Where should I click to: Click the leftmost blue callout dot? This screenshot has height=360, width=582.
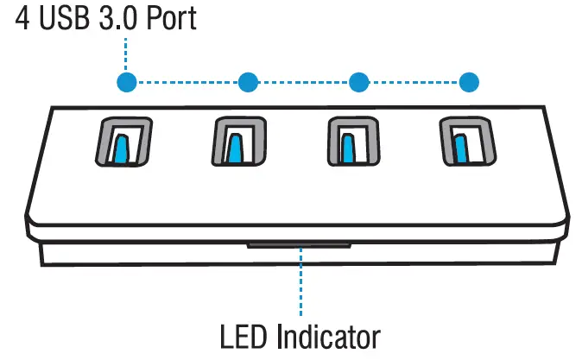(127, 83)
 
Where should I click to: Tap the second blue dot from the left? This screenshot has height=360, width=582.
(248, 83)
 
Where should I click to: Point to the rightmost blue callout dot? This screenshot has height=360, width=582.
(469, 83)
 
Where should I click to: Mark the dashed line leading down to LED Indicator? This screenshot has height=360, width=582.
(301, 281)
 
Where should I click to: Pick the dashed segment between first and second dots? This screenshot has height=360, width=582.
(187, 83)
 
